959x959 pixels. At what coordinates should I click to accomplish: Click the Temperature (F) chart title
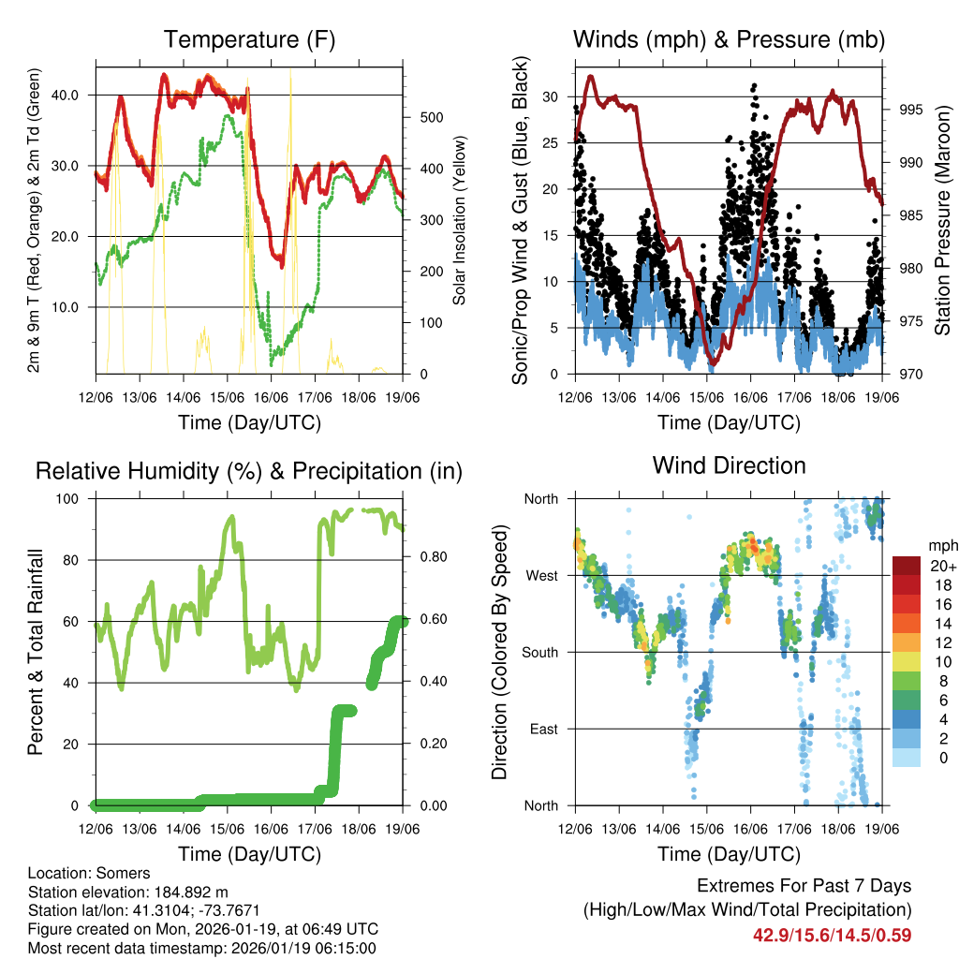pos(249,39)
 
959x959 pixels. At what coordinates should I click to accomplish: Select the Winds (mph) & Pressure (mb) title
pos(729,39)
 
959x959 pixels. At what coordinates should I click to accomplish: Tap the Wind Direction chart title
pos(729,465)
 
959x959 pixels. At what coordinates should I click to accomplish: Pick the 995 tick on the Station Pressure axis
pos(911,110)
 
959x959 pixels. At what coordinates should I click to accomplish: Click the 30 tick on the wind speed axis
pos(551,96)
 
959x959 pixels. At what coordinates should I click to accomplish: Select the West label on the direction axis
pos(540,575)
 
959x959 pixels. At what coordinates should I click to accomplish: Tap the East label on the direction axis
pos(542,729)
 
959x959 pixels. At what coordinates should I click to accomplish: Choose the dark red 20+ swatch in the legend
pos(906,566)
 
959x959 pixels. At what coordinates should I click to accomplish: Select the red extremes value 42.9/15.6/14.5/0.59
pos(832,935)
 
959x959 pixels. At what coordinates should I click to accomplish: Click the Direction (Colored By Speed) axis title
pos(499,652)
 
